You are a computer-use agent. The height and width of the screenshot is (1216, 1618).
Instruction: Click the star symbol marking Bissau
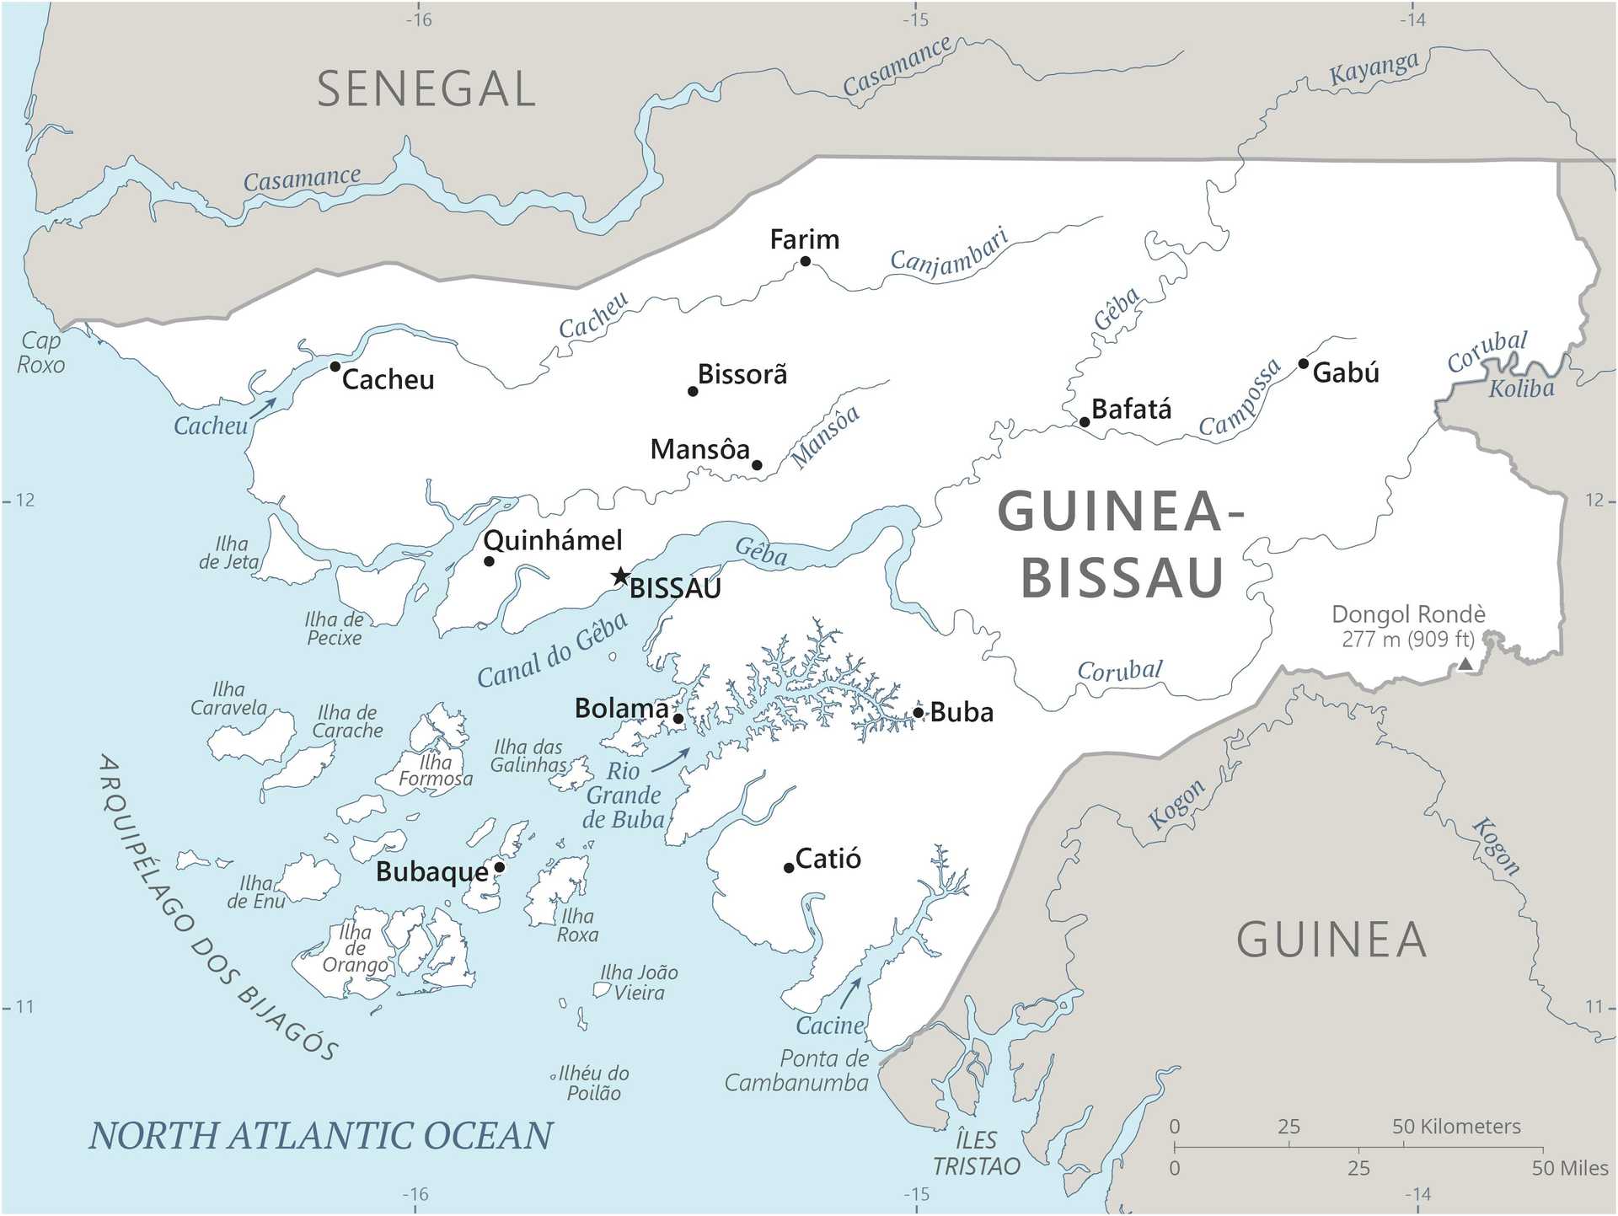621,576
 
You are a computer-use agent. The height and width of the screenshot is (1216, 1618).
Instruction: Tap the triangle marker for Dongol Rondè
1465,664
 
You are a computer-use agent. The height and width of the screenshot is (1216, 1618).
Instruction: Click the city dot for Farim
805,261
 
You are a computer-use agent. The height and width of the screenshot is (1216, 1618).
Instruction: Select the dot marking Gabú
1303,364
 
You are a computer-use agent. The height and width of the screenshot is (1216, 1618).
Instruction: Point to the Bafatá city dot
1085,422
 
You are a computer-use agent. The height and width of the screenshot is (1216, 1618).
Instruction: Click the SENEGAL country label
426,89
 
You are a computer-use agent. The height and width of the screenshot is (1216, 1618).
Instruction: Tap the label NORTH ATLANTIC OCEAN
320,1135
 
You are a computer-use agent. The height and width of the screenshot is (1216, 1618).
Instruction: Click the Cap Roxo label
40,353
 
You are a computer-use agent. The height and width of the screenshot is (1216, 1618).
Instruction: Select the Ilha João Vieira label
639,983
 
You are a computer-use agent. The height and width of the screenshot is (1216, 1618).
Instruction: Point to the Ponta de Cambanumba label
796,1070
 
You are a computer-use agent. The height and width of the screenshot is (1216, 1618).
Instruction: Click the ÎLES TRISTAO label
976,1153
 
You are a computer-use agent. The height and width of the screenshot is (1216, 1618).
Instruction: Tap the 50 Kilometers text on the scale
1456,1127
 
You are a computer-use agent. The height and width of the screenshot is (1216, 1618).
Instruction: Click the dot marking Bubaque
499,867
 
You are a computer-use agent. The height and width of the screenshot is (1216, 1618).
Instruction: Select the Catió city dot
789,868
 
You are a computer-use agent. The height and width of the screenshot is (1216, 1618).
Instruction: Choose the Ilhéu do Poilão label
593,1083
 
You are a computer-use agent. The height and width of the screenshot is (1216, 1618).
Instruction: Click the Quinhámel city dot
489,561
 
